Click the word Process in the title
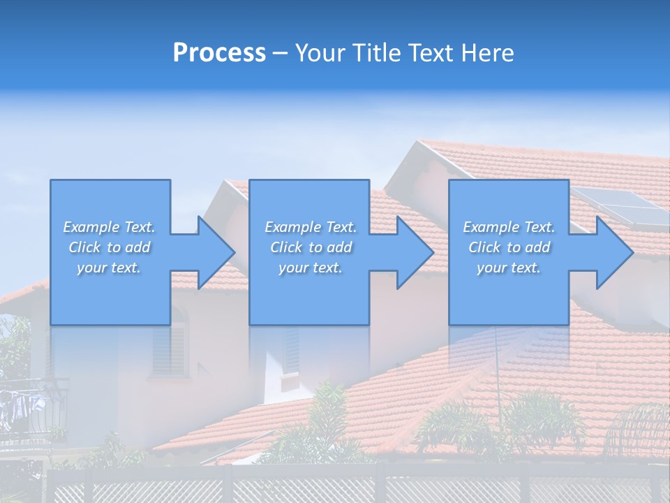(x=218, y=53)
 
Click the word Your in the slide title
(x=322, y=53)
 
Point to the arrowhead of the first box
(x=216, y=252)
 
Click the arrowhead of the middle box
(x=415, y=252)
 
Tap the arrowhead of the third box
(x=614, y=252)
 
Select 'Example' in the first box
(x=91, y=227)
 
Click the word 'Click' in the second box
(x=285, y=247)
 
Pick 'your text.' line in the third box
(x=508, y=268)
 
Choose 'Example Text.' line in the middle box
(x=310, y=227)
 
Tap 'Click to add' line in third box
(x=509, y=247)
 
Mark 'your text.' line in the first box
(x=108, y=268)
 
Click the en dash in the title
(x=280, y=54)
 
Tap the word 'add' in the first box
(x=137, y=247)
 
